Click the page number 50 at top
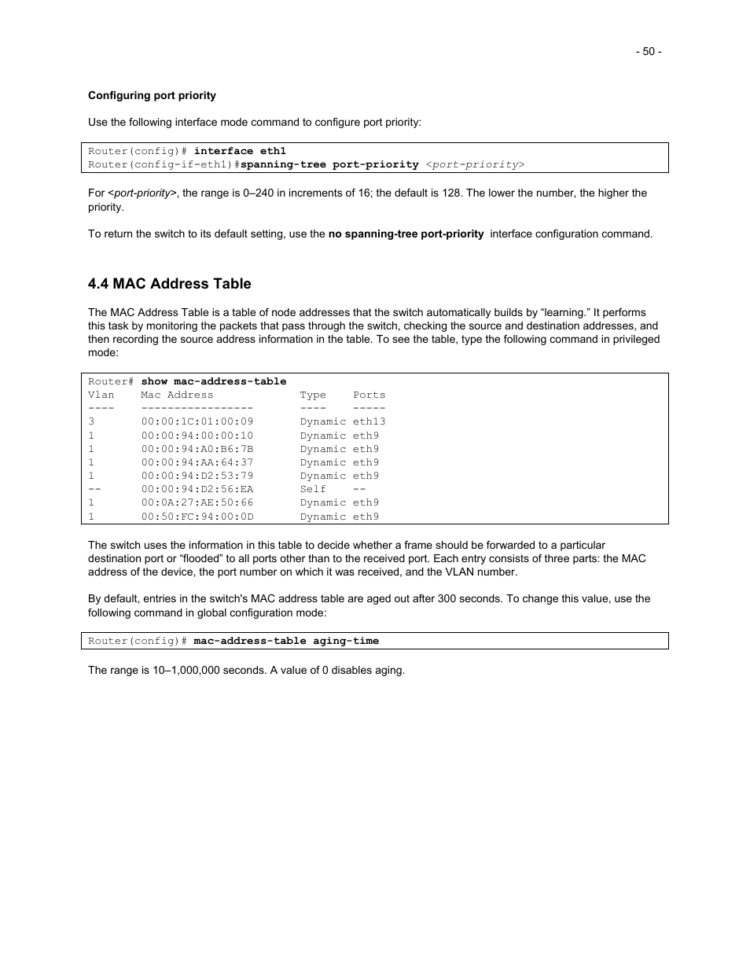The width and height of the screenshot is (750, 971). (x=649, y=52)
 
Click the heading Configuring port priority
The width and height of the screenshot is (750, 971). (x=152, y=96)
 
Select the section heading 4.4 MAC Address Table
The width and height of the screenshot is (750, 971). (x=170, y=284)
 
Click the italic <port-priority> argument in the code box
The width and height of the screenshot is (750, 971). (x=475, y=164)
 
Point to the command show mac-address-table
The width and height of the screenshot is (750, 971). (x=214, y=381)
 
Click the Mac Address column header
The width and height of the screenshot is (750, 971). (x=177, y=395)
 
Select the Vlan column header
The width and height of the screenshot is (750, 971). (x=101, y=395)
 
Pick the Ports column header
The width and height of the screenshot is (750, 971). (x=369, y=395)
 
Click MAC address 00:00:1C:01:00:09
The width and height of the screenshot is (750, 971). (x=197, y=421)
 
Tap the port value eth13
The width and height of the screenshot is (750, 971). (x=369, y=421)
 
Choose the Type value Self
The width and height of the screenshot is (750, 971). (x=313, y=489)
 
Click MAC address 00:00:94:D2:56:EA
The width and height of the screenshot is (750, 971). (x=197, y=489)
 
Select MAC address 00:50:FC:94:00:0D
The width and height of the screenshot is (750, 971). (x=197, y=517)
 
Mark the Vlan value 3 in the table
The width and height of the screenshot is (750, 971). (x=91, y=421)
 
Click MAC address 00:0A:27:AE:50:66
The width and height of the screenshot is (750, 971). (x=197, y=502)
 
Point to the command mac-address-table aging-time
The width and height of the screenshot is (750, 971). (x=286, y=641)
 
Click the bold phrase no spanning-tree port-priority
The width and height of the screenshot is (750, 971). (x=406, y=234)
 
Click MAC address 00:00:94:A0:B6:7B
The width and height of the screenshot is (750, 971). (x=197, y=449)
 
